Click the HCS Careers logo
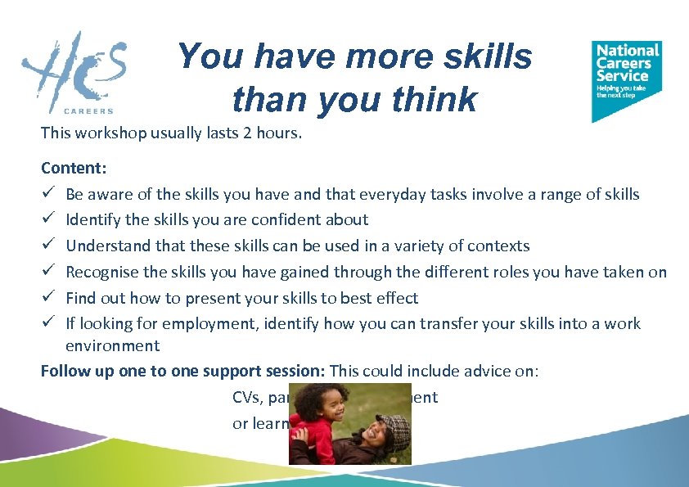74,72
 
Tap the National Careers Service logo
626,79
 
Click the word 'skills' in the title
492,56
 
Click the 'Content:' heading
74,168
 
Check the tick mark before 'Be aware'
48,194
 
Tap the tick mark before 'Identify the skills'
48,220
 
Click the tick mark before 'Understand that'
48,246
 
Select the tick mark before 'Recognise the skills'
48,273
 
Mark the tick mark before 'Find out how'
48,299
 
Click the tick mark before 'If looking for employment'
48,324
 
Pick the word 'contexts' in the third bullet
500,246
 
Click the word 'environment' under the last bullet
112,346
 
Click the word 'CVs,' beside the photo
246,397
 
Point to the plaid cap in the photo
394,427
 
